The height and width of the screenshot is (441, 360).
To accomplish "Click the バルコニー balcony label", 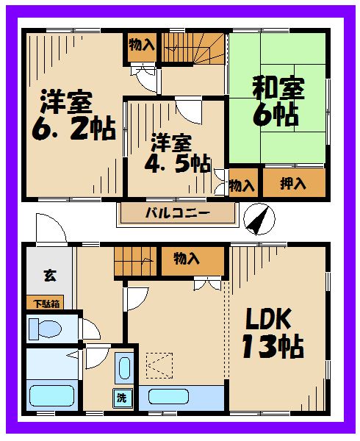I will point(177,214).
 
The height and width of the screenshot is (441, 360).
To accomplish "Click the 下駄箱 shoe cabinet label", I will point(46,303).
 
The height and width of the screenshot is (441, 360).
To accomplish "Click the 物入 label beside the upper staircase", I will point(141,45).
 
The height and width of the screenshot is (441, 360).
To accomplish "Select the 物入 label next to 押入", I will point(241,184).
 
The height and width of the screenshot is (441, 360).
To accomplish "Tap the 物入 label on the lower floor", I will point(187,258).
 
